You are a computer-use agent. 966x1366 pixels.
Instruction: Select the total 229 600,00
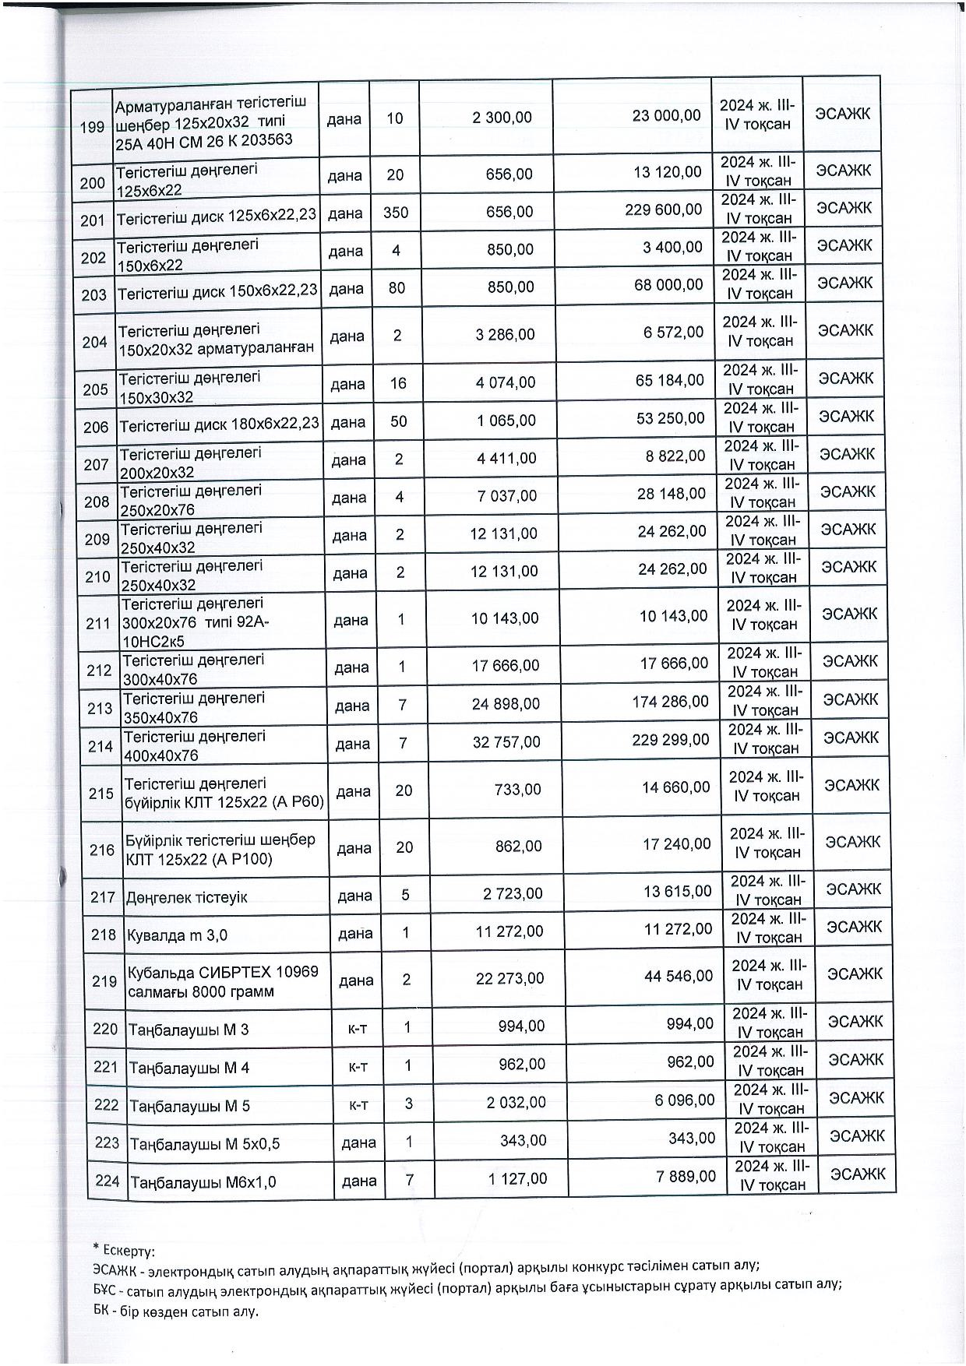coord(663,209)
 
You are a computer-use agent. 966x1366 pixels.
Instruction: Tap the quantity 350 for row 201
coord(396,211)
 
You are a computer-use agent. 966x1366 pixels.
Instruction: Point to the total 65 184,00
coord(668,380)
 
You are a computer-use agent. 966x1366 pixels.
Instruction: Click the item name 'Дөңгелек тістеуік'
coord(187,897)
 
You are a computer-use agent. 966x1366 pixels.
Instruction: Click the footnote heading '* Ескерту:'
coord(123,1252)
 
